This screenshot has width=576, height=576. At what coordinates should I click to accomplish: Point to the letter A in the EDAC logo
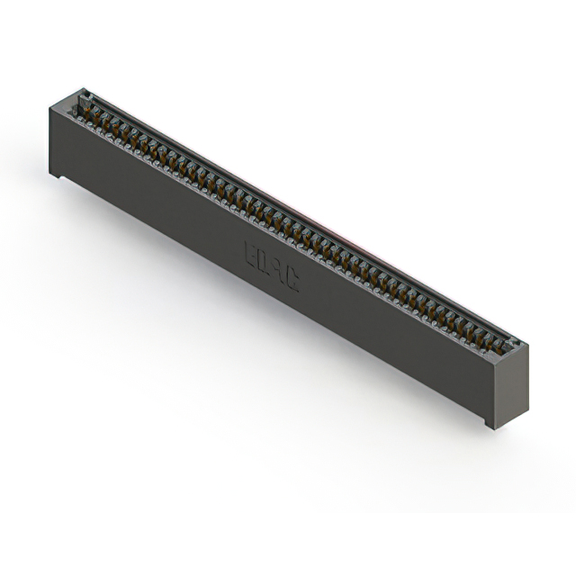[x=277, y=274]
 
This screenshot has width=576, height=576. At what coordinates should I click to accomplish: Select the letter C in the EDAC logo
[x=292, y=283]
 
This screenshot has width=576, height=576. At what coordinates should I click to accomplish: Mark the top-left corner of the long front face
[x=50, y=104]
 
